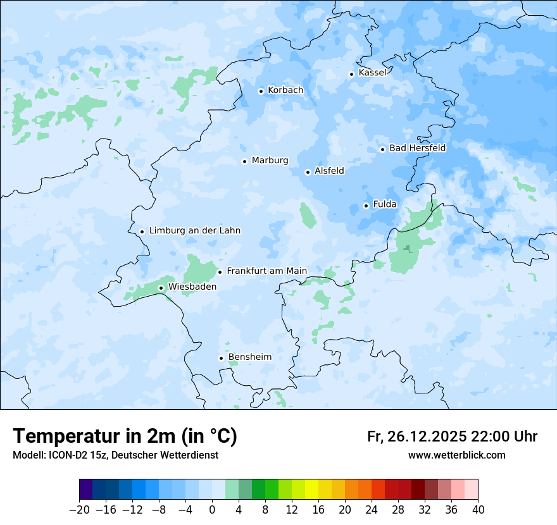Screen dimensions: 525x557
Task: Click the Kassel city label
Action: pos(372,73)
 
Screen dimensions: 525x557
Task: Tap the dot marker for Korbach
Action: pos(261,91)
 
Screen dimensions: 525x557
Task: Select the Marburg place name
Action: pos(270,161)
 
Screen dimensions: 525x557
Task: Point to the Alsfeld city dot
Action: pos(308,172)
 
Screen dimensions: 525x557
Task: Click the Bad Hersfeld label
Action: pos(417,148)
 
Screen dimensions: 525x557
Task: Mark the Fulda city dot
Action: pos(366,206)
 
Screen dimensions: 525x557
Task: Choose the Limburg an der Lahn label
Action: pos(194,231)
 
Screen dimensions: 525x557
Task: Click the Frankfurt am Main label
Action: pos(266,271)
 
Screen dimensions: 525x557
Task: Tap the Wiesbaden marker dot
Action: pos(161,288)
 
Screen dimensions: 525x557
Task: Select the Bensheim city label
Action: pos(249,357)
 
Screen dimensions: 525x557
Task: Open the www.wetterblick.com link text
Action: pos(456,455)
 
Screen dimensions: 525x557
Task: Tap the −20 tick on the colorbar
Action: pos(80,510)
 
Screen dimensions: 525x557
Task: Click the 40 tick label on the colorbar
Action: pos(478,510)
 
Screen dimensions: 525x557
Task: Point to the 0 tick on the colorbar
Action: pos(212,510)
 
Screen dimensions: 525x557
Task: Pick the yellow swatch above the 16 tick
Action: pos(311,490)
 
